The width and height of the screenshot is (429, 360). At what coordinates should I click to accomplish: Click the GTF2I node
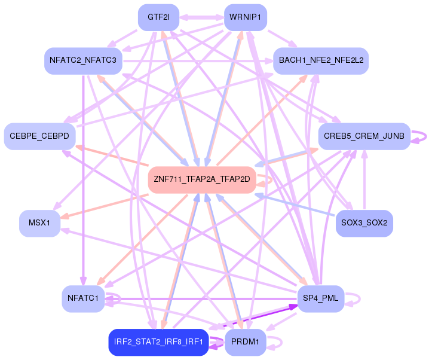pyautogui.click(x=159, y=18)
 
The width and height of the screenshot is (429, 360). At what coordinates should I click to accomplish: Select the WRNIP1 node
pyautogui.click(x=245, y=18)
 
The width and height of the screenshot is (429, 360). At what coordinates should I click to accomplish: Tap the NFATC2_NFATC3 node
pyautogui.click(x=84, y=61)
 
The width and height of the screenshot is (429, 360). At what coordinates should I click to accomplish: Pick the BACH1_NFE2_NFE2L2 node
pyautogui.click(x=321, y=61)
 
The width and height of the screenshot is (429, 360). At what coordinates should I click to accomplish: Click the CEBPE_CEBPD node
pyautogui.click(x=39, y=136)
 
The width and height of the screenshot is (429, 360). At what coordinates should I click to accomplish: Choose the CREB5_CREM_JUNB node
pyautogui.click(x=364, y=136)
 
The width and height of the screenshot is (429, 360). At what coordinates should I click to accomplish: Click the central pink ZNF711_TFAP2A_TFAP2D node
pyautogui.click(x=202, y=179)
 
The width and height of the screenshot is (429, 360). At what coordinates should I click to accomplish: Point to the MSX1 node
pyautogui.click(x=39, y=222)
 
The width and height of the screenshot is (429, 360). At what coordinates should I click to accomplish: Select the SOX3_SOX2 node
pyautogui.click(x=364, y=222)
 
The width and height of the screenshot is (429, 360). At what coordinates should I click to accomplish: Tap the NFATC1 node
pyautogui.click(x=84, y=298)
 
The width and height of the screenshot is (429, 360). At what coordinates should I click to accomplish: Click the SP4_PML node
pyautogui.click(x=321, y=298)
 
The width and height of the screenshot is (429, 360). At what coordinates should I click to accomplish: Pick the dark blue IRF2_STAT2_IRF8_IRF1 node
pyautogui.click(x=158, y=342)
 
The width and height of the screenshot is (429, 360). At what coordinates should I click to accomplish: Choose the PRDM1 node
pyautogui.click(x=245, y=342)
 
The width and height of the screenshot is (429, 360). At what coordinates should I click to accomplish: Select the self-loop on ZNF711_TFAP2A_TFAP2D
pyautogui.click(x=272, y=179)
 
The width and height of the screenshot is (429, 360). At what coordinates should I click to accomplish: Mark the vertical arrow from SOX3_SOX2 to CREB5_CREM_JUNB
pyautogui.click(x=364, y=179)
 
